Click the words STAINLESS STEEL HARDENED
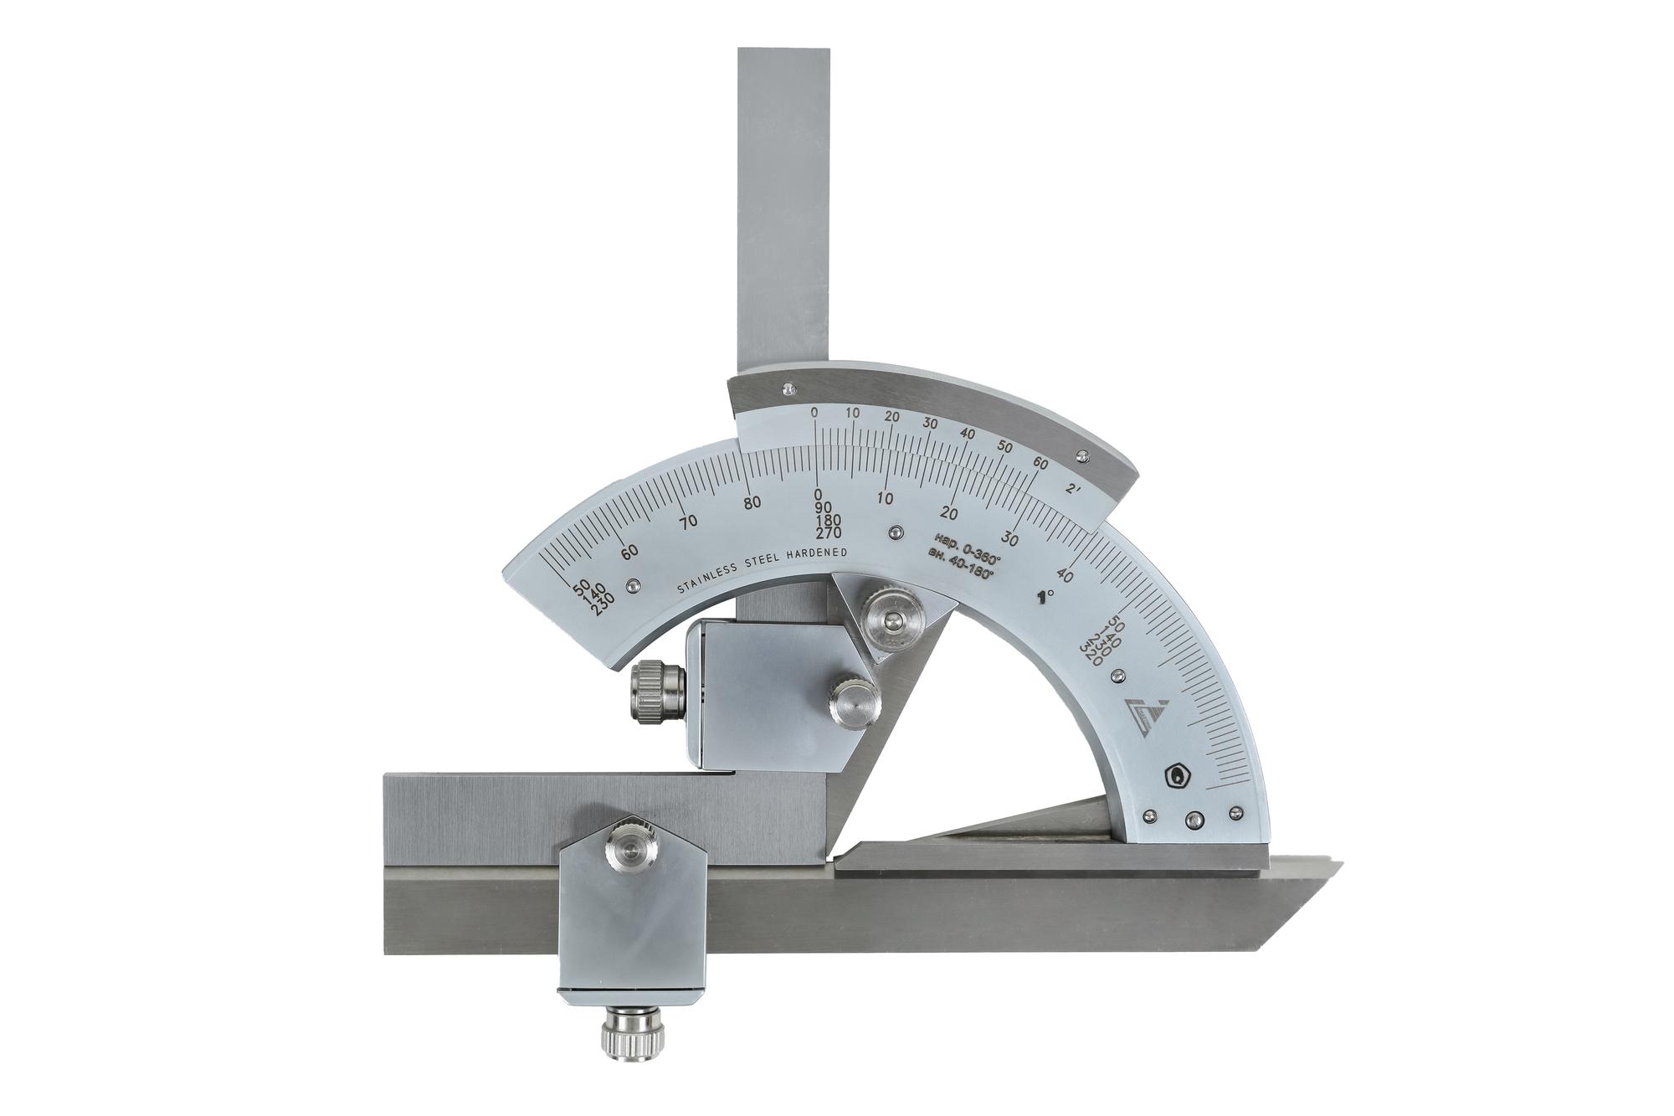point(763,572)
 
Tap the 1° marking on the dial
point(1045,596)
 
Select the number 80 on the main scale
point(752,502)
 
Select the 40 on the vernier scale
point(967,434)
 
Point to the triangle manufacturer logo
point(1143,712)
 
